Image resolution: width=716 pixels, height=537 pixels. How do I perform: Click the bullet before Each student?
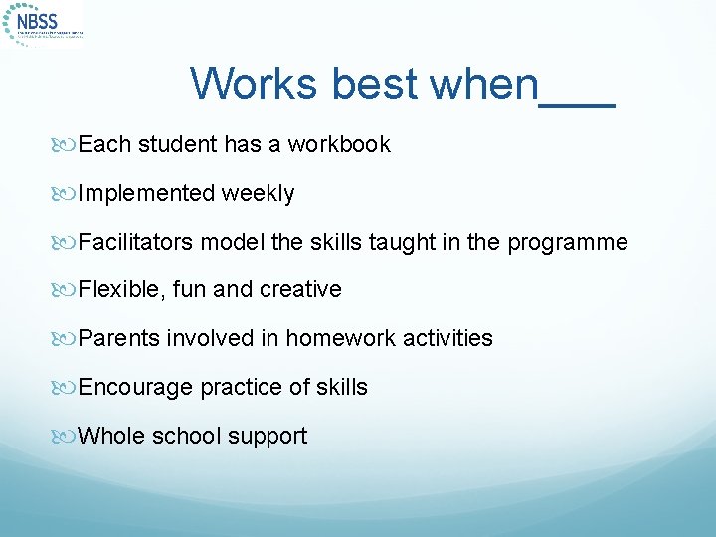[69, 145]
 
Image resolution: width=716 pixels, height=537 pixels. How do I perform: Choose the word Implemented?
[146, 194]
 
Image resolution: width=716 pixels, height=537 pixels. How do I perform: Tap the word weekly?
[259, 194]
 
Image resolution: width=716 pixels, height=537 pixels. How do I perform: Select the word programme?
[568, 243]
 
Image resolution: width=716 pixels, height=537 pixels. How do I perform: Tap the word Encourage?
[135, 388]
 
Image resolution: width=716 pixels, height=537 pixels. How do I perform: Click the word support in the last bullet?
[271, 437]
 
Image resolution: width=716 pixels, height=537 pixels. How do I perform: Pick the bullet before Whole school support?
[69, 437]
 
